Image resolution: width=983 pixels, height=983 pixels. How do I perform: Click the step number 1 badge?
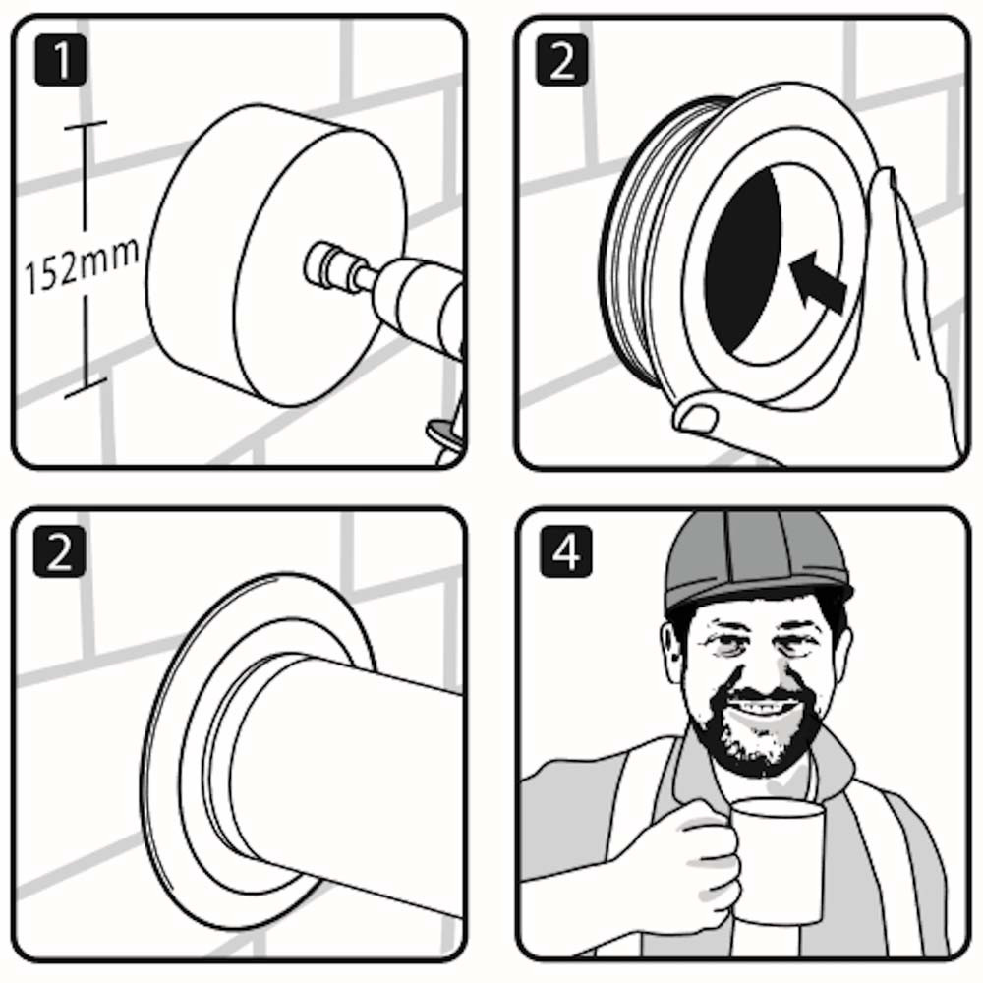point(61,62)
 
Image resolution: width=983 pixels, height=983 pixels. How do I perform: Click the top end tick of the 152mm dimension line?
point(86,125)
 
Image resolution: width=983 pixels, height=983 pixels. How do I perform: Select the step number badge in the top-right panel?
point(563,62)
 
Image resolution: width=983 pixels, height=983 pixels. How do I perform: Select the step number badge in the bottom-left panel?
point(61,553)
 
